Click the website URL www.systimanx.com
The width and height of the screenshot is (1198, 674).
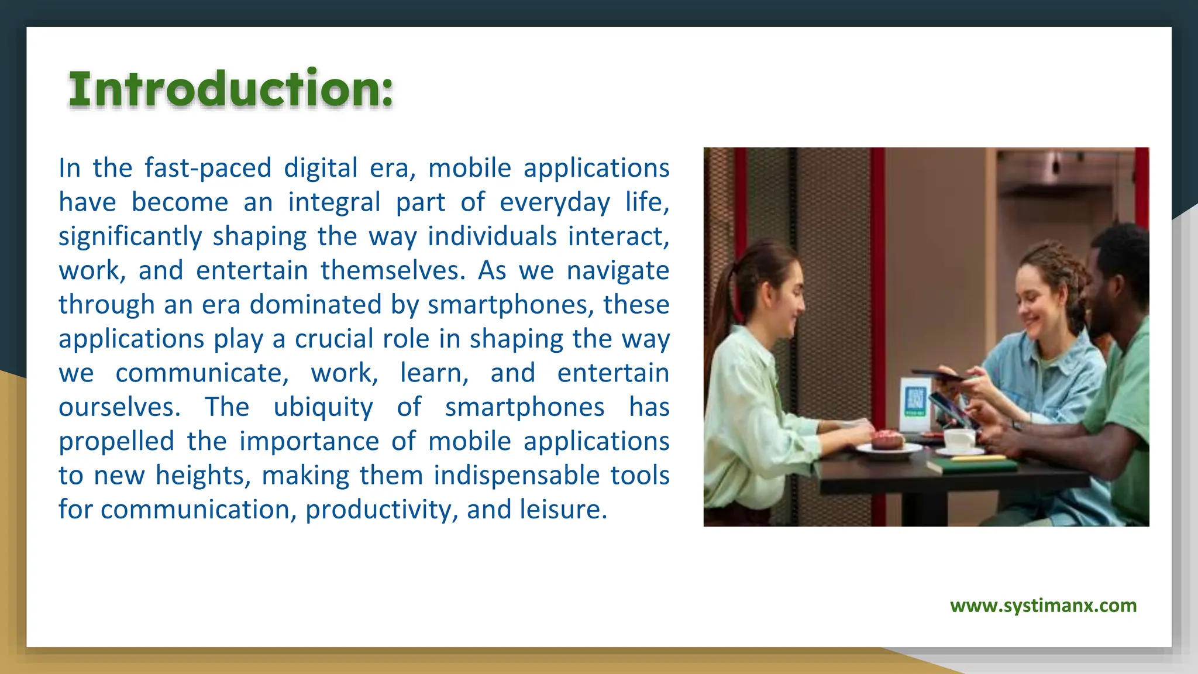(1043, 605)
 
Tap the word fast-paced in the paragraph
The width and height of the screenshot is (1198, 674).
(208, 168)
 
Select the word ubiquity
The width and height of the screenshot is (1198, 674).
(323, 407)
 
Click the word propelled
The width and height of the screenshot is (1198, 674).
(116, 442)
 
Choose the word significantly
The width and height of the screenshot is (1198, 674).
(130, 236)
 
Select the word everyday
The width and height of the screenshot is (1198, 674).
(554, 202)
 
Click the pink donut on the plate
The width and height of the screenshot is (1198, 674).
(887, 439)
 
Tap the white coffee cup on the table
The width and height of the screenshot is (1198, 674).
(959, 439)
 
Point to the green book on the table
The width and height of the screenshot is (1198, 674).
(971, 465)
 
